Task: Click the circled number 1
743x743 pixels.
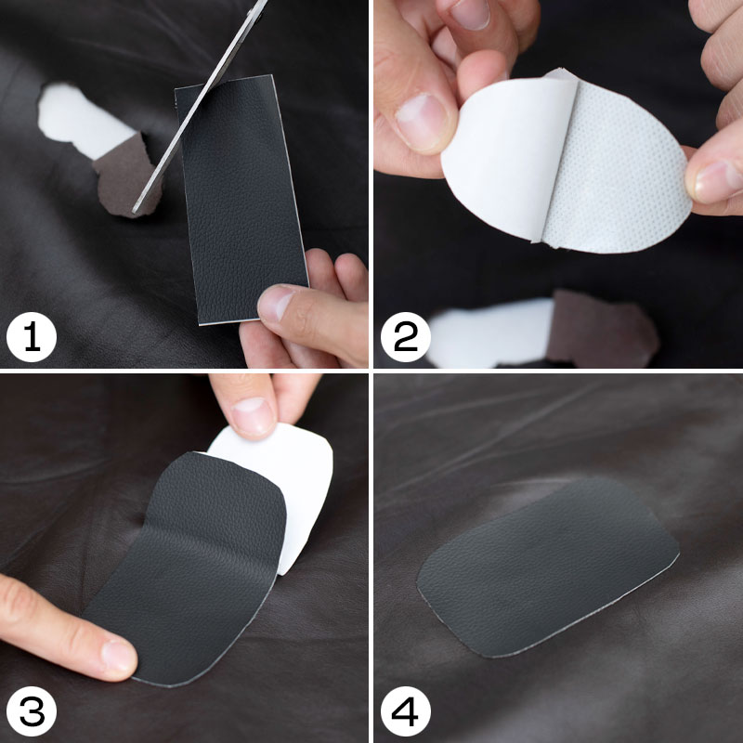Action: click(x=32, y=337)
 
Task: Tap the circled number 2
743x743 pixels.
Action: click(x=406, y=337)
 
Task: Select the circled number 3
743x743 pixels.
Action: click(x=32, y=711)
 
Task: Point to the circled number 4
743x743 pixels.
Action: click(x=406, y=711)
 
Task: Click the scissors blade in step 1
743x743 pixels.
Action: click(x=199, y=107)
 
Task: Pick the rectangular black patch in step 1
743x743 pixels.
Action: click(x=241, y=199)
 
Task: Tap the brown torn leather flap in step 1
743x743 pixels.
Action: click(x=127, y=176)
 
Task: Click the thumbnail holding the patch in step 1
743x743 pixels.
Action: click(x=276, y=304)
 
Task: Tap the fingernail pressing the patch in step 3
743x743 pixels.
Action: click(x=118, y=657)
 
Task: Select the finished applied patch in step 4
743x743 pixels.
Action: click(x=547, y=568)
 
